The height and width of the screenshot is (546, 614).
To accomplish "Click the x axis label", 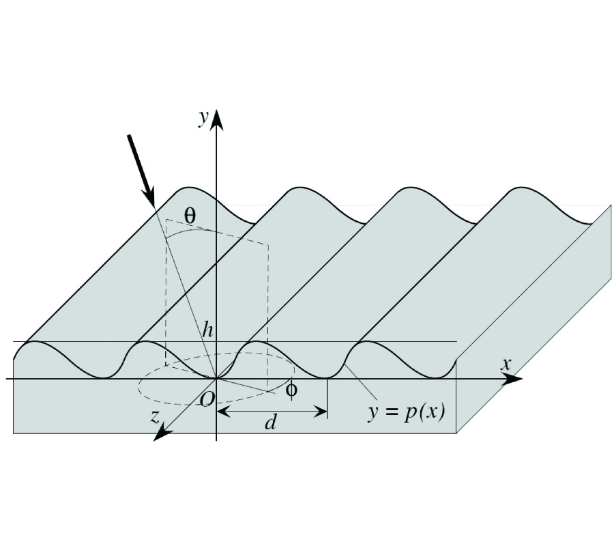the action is [x=506, y=364].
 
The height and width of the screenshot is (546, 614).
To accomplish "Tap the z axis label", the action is [x=156, y=417].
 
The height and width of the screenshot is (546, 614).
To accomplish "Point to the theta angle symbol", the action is [x=190, y=215].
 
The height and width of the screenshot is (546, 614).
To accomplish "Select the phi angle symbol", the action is [x=291, y=390].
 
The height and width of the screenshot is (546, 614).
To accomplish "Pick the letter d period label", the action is [x=270, y=422].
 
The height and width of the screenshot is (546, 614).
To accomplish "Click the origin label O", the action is [x=207, y=399].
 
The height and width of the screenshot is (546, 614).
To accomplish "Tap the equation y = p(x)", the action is [x=406, y=413].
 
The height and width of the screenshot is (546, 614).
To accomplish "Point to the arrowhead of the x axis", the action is [x=512, y=379].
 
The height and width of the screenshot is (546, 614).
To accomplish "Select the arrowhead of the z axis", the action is [x=162, y=433].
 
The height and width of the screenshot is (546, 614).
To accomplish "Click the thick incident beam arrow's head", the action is [x=150, y=197].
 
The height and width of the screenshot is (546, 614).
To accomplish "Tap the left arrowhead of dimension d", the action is [x=223, y=412].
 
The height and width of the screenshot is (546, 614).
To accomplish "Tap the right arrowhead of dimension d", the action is [x=321, y=412].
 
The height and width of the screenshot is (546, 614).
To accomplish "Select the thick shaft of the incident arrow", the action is [x=137, y=161].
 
